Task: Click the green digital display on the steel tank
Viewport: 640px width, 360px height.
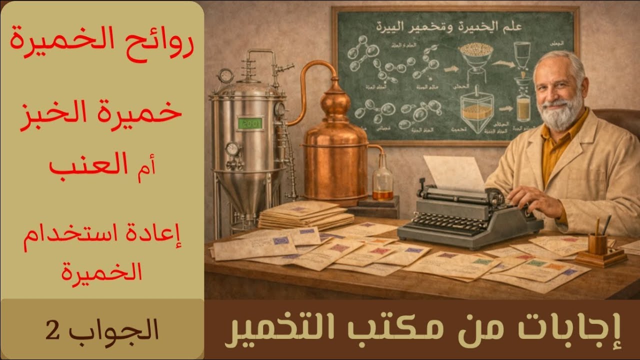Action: (x=250, y=123)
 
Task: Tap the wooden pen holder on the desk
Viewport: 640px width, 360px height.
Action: (x=598, y=245)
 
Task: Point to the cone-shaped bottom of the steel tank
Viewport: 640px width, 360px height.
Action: (x=245, y=190)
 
